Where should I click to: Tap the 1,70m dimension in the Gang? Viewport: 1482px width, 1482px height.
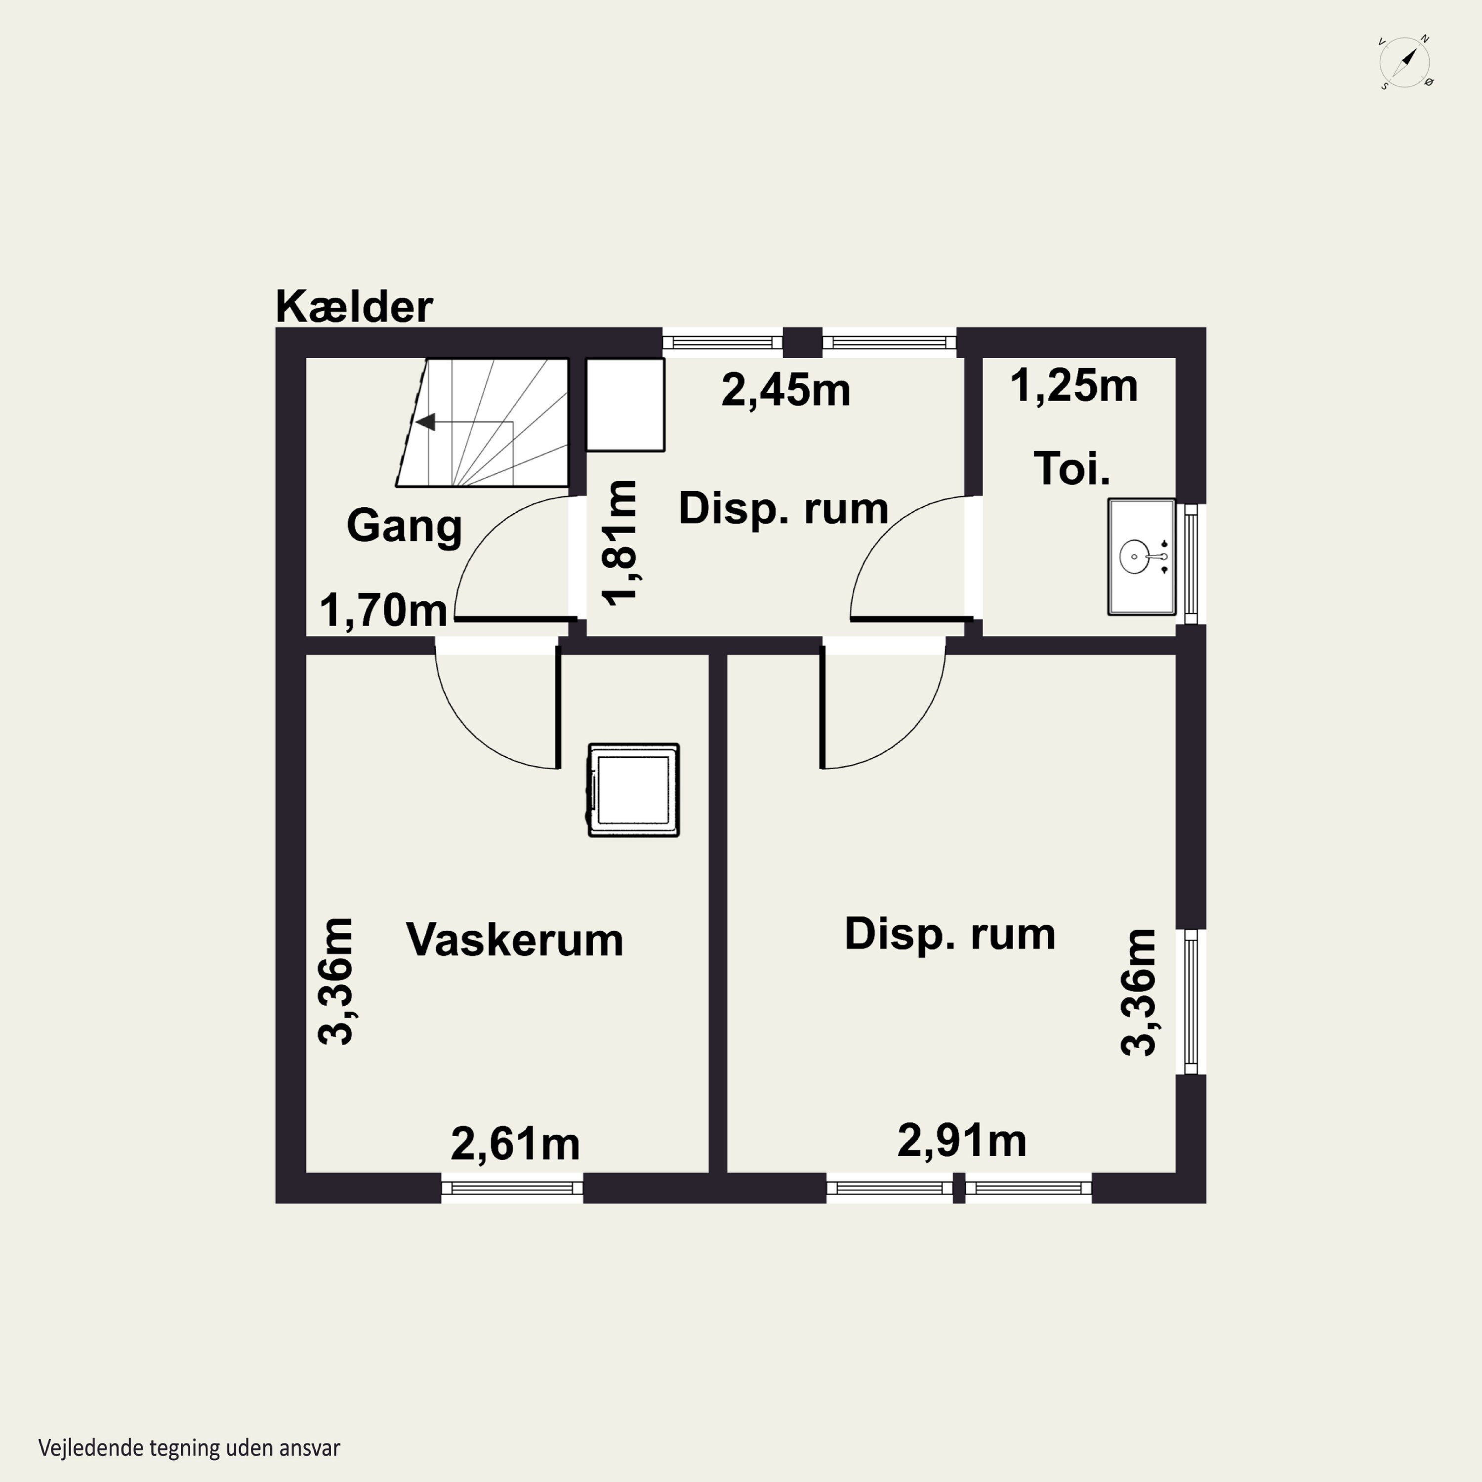tap(383, 611)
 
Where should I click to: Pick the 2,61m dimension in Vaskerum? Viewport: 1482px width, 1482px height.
tap(515, 1144)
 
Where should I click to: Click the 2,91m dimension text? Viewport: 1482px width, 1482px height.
tap(961, 1141)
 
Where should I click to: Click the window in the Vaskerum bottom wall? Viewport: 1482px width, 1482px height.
tap(512, 1188)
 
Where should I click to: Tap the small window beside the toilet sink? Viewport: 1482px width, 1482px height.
tap(1191, 564)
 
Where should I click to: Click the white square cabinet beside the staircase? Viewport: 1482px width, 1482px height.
tap(625, 404)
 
